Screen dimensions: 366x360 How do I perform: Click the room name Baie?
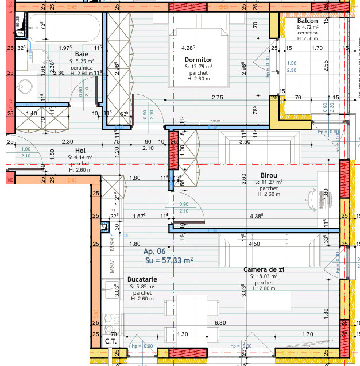tap(81, 53)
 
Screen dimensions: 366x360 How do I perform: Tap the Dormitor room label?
tap(199, 59)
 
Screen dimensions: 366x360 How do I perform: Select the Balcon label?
tap(307, 21)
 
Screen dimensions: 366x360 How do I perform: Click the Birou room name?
tap(268, 175)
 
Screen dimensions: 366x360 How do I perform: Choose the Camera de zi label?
tap(264, 269)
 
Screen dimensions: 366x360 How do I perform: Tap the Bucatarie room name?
tap(142, 279)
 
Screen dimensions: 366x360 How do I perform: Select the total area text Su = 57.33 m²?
tap(168, 260)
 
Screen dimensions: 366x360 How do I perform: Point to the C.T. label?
tap(110, 341)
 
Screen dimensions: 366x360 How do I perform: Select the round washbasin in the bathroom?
tap(24, 86)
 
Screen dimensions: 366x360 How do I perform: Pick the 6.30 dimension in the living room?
tap(220, 323)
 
